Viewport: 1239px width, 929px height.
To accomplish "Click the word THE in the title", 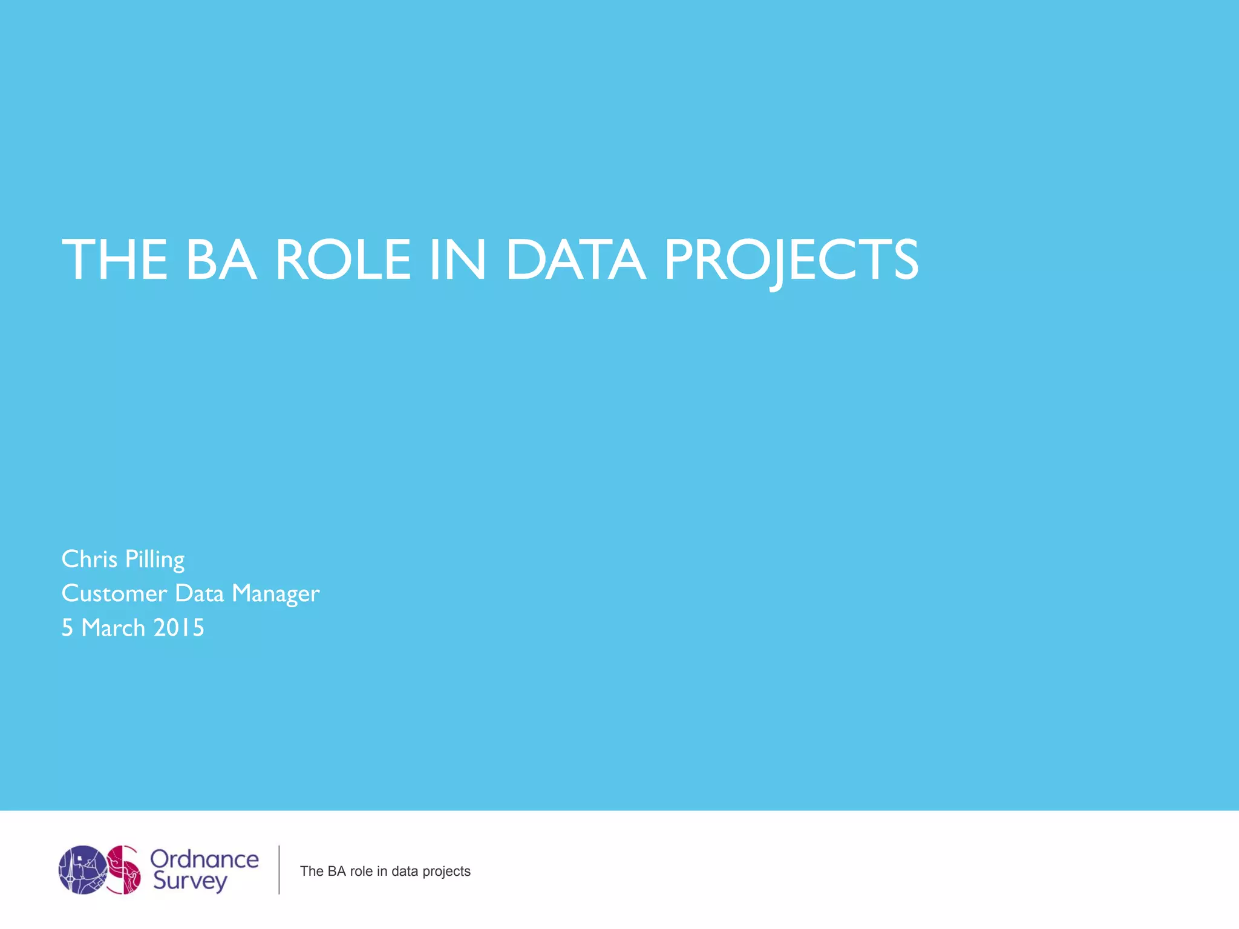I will pyautogui.click(x=114, y=260).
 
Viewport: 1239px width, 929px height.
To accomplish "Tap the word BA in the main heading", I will pyautogui.click(x=221, y=260).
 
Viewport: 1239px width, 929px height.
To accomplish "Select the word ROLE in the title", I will pyautogui.click(x=343, y=260).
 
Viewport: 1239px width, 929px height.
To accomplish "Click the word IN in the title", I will pyautogui.click(x=457, y=260).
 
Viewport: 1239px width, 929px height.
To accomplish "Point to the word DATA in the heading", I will pyautogui.click(x=575, y=260).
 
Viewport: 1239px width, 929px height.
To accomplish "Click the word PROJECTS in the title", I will pyautogui.click(x=791, y=260).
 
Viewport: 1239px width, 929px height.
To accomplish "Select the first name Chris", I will pyautogui.click(x=90, y=559).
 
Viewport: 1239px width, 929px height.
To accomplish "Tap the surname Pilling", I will pyautogui.click(x=154, y=559).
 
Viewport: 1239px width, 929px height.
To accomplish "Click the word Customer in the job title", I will pyautogui.click(x=114, y=594).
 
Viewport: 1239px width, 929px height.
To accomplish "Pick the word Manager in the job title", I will pyautogui.click(x=275, y=594).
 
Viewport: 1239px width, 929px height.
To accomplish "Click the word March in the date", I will pyautogui.click(x=113, y=628).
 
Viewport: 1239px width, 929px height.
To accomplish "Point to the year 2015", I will pyautogui.click(x=178, y=628).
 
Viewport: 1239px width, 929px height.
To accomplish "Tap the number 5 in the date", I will pyautogui.click(x=67, y=628).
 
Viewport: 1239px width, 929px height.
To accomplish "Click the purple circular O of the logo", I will pyautogui.click(x=82, y=870).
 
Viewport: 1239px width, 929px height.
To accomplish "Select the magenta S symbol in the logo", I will pyautogui.click(x=124, y=870).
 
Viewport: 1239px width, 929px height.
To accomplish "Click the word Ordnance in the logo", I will pyautogui.click(x=204, y=859).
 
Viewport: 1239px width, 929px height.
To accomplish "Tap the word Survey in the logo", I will pyautogui.click(x=189, y=881).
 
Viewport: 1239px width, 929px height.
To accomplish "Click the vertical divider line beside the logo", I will pyautogui.click(x=279, y=870).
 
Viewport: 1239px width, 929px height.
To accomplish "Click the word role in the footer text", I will pyautogui.click(x=361, y=872).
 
